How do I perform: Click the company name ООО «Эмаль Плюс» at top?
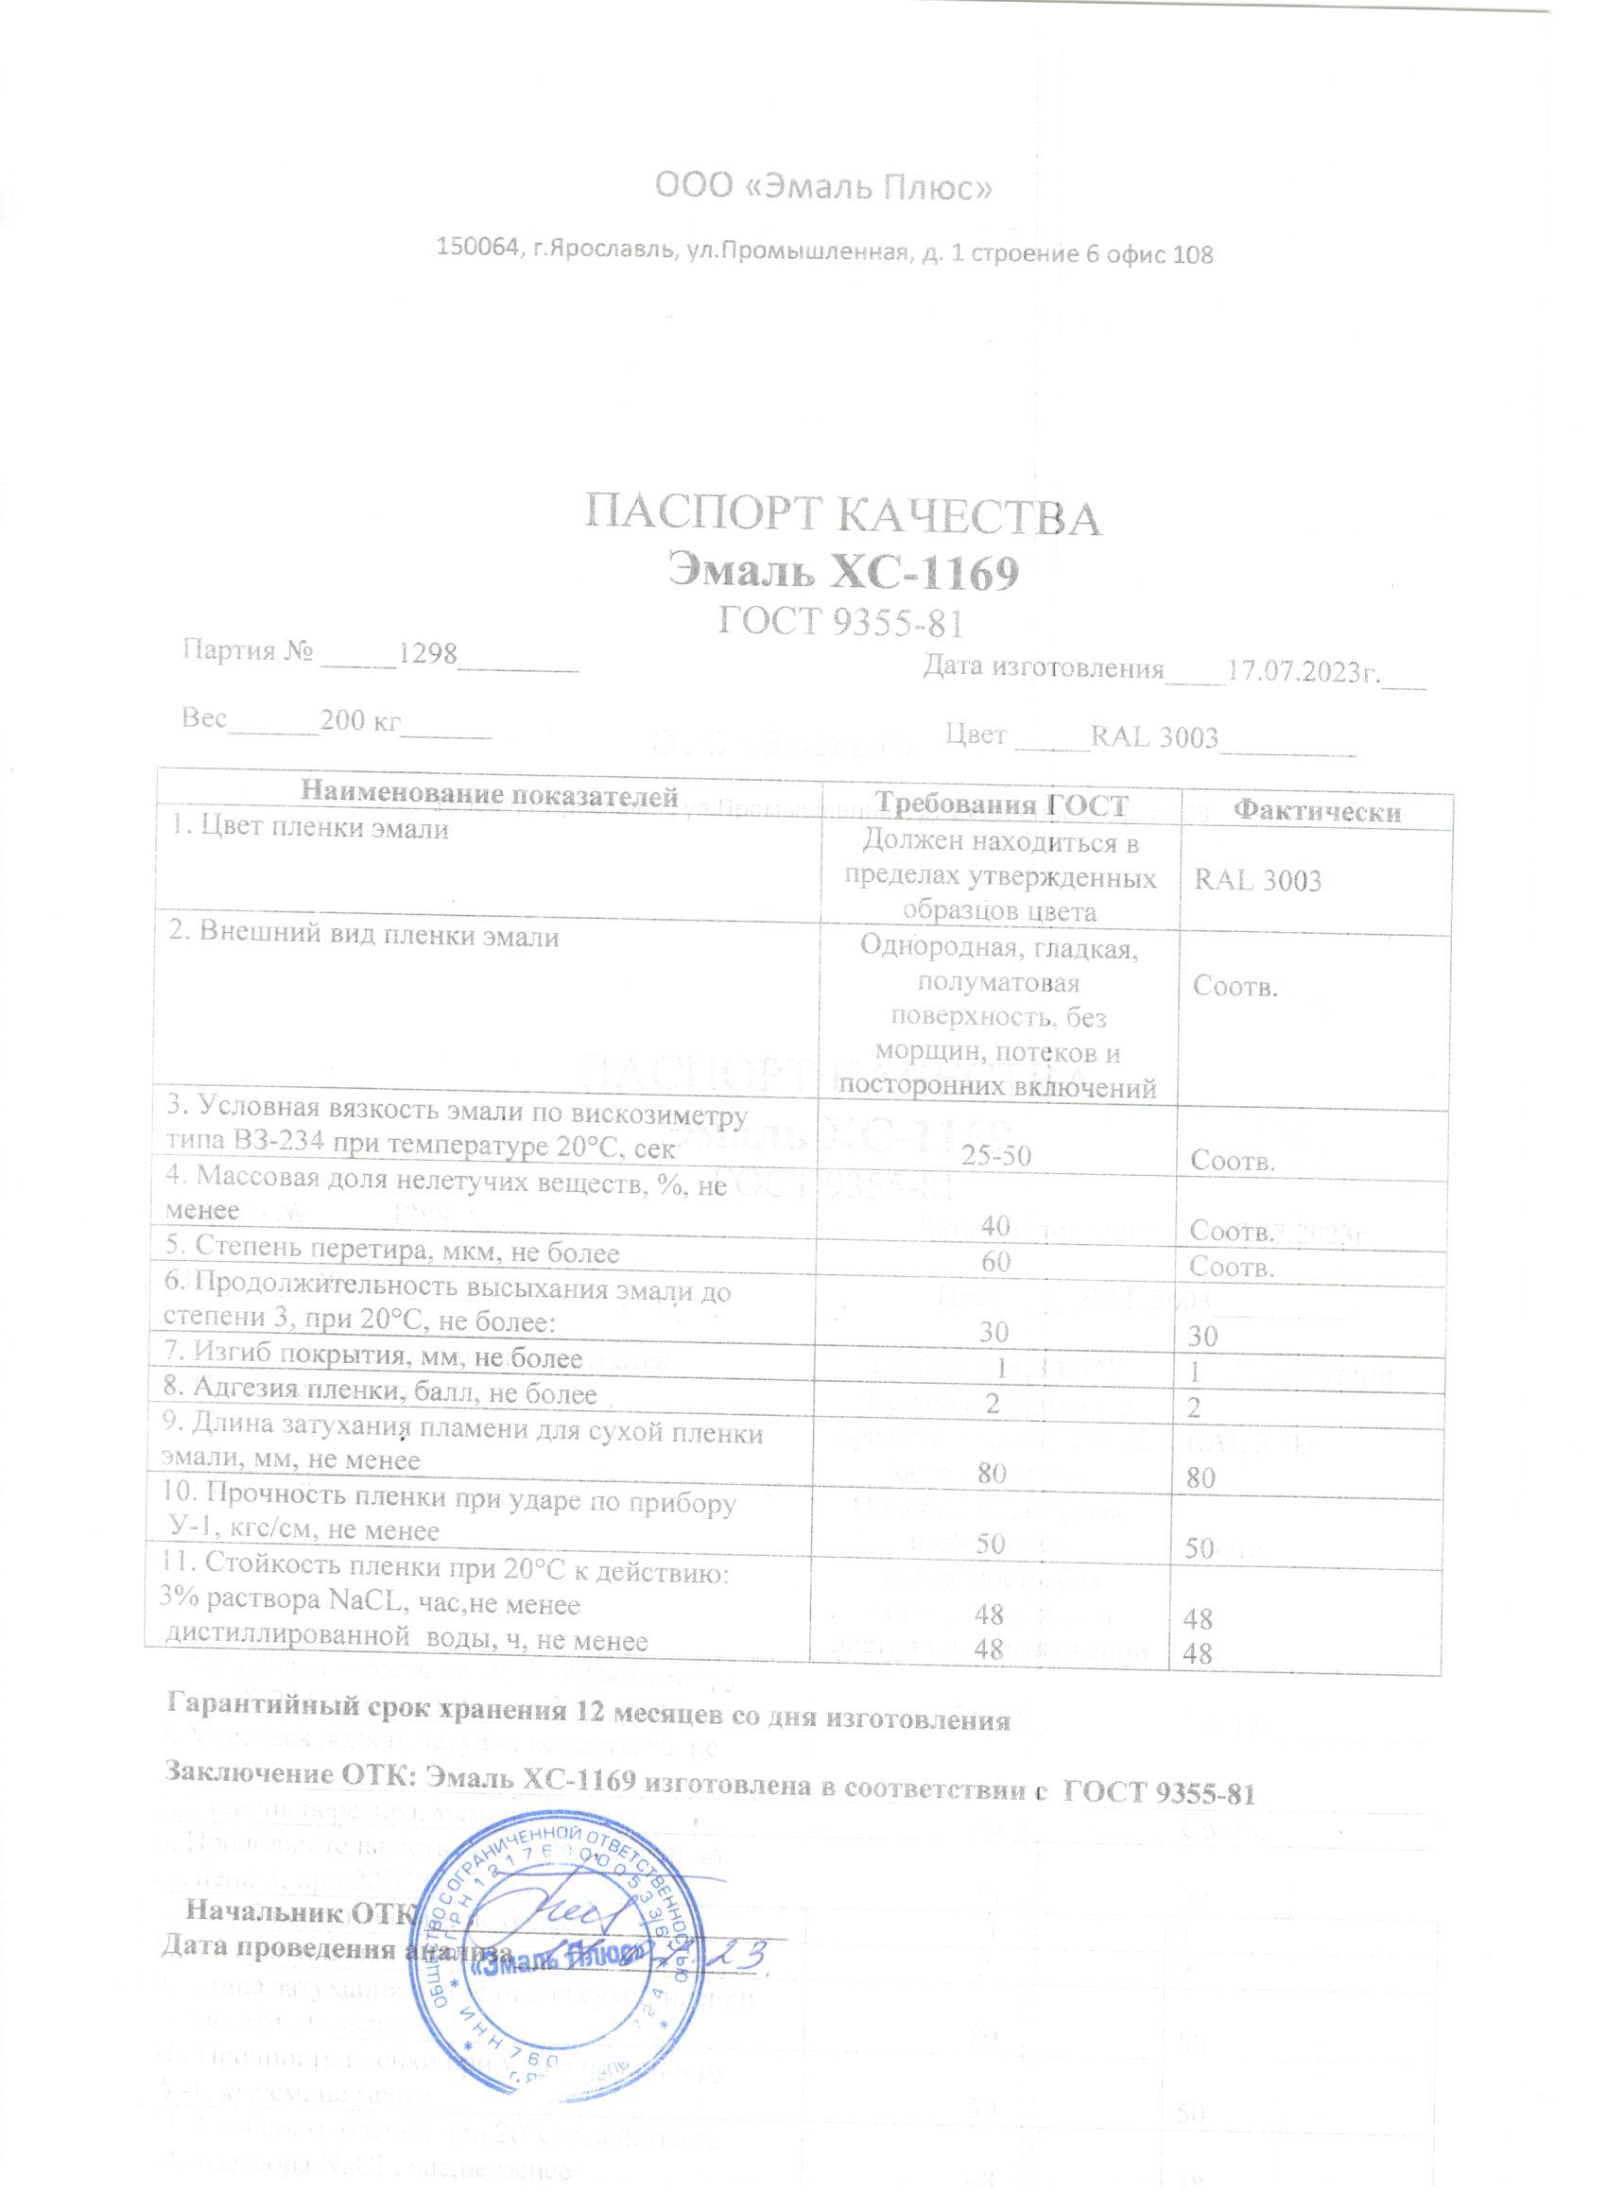coord(824,186)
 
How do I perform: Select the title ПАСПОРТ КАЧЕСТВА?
coord(843,517)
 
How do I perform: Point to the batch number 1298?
coord(428,653)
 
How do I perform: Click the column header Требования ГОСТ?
coord(1001,803)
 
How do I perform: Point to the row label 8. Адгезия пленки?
coord(380,1392)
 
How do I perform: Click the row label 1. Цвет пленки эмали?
coord(309,829)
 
